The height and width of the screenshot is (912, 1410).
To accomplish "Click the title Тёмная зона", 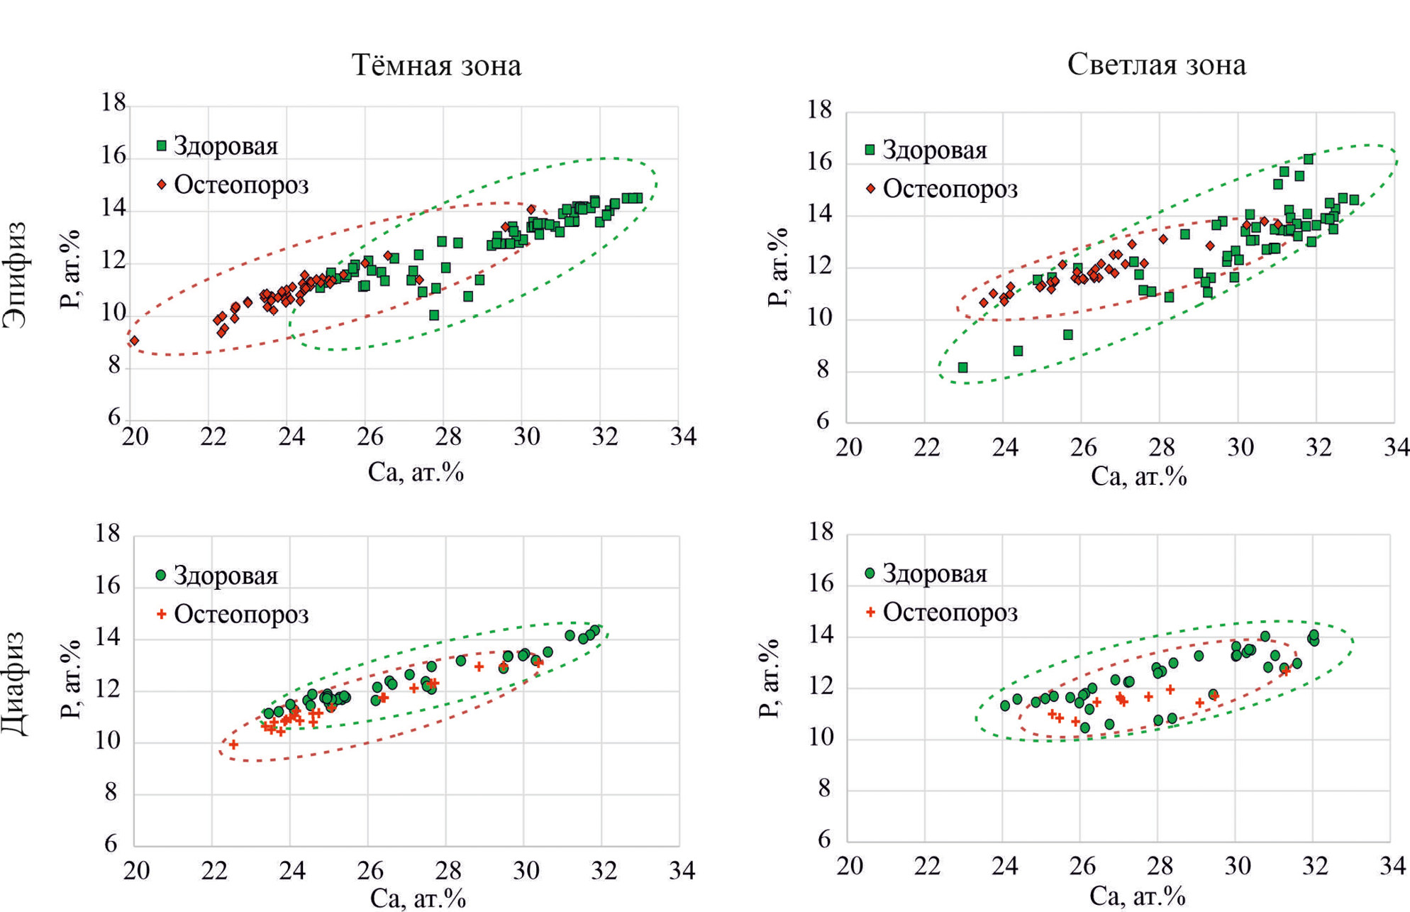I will tap(436, 65).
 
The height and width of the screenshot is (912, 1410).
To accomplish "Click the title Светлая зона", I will tap(1156, 65).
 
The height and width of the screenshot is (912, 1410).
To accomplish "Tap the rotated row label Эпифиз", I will tap(16, 275).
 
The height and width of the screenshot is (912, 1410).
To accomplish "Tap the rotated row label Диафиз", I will tap(16, 683).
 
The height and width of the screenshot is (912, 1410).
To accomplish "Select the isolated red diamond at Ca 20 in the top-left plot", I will tap(134, 341).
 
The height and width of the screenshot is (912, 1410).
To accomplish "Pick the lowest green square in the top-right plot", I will tap(962, 368).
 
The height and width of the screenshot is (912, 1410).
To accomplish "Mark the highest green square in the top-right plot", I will tap(1309, 159).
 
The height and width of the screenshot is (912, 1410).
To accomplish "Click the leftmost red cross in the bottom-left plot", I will tap(233, 745).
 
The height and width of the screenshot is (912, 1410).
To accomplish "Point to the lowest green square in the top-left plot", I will tap(434, 315).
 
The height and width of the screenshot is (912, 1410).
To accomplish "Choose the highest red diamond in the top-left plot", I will tap(531, 209).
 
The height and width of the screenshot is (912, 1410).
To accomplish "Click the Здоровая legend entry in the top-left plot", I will tap(217, 146).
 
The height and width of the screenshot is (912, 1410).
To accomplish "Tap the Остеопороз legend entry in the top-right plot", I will tap(942, 189).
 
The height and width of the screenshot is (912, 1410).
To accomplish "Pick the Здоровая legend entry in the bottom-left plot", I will tap(217, 576).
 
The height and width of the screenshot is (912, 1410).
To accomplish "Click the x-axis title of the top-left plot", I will tap(416, 472).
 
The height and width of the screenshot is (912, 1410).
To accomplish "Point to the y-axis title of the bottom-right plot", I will tap(770, 678).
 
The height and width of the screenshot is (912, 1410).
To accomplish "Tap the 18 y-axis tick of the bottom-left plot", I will tap(108, 533).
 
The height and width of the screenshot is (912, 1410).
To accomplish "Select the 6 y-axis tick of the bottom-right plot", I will tap(823, 840).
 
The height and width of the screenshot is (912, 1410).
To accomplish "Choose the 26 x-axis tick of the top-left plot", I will tap(370, 436).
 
